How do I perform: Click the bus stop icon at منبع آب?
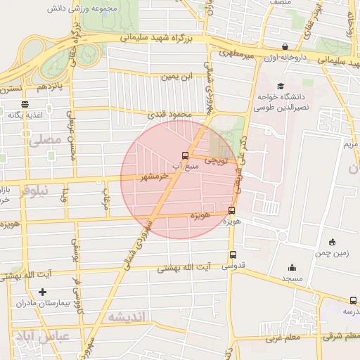(x=185, y=155)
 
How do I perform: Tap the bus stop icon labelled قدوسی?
(x=233, y=256)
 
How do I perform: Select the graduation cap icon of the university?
(x=271, y=87)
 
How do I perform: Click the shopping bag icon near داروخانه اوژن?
(x=285, y=47)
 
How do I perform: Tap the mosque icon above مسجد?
(x=292, y=267)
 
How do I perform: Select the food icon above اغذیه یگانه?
(x=25, y=103)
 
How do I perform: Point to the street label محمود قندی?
(x=165, y=113)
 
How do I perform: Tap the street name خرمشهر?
(x=155, y=176)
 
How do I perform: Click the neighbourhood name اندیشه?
(x=126, y=317)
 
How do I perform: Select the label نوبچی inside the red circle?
(x=216, y=161)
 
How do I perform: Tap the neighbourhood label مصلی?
(x=44, y=141)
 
